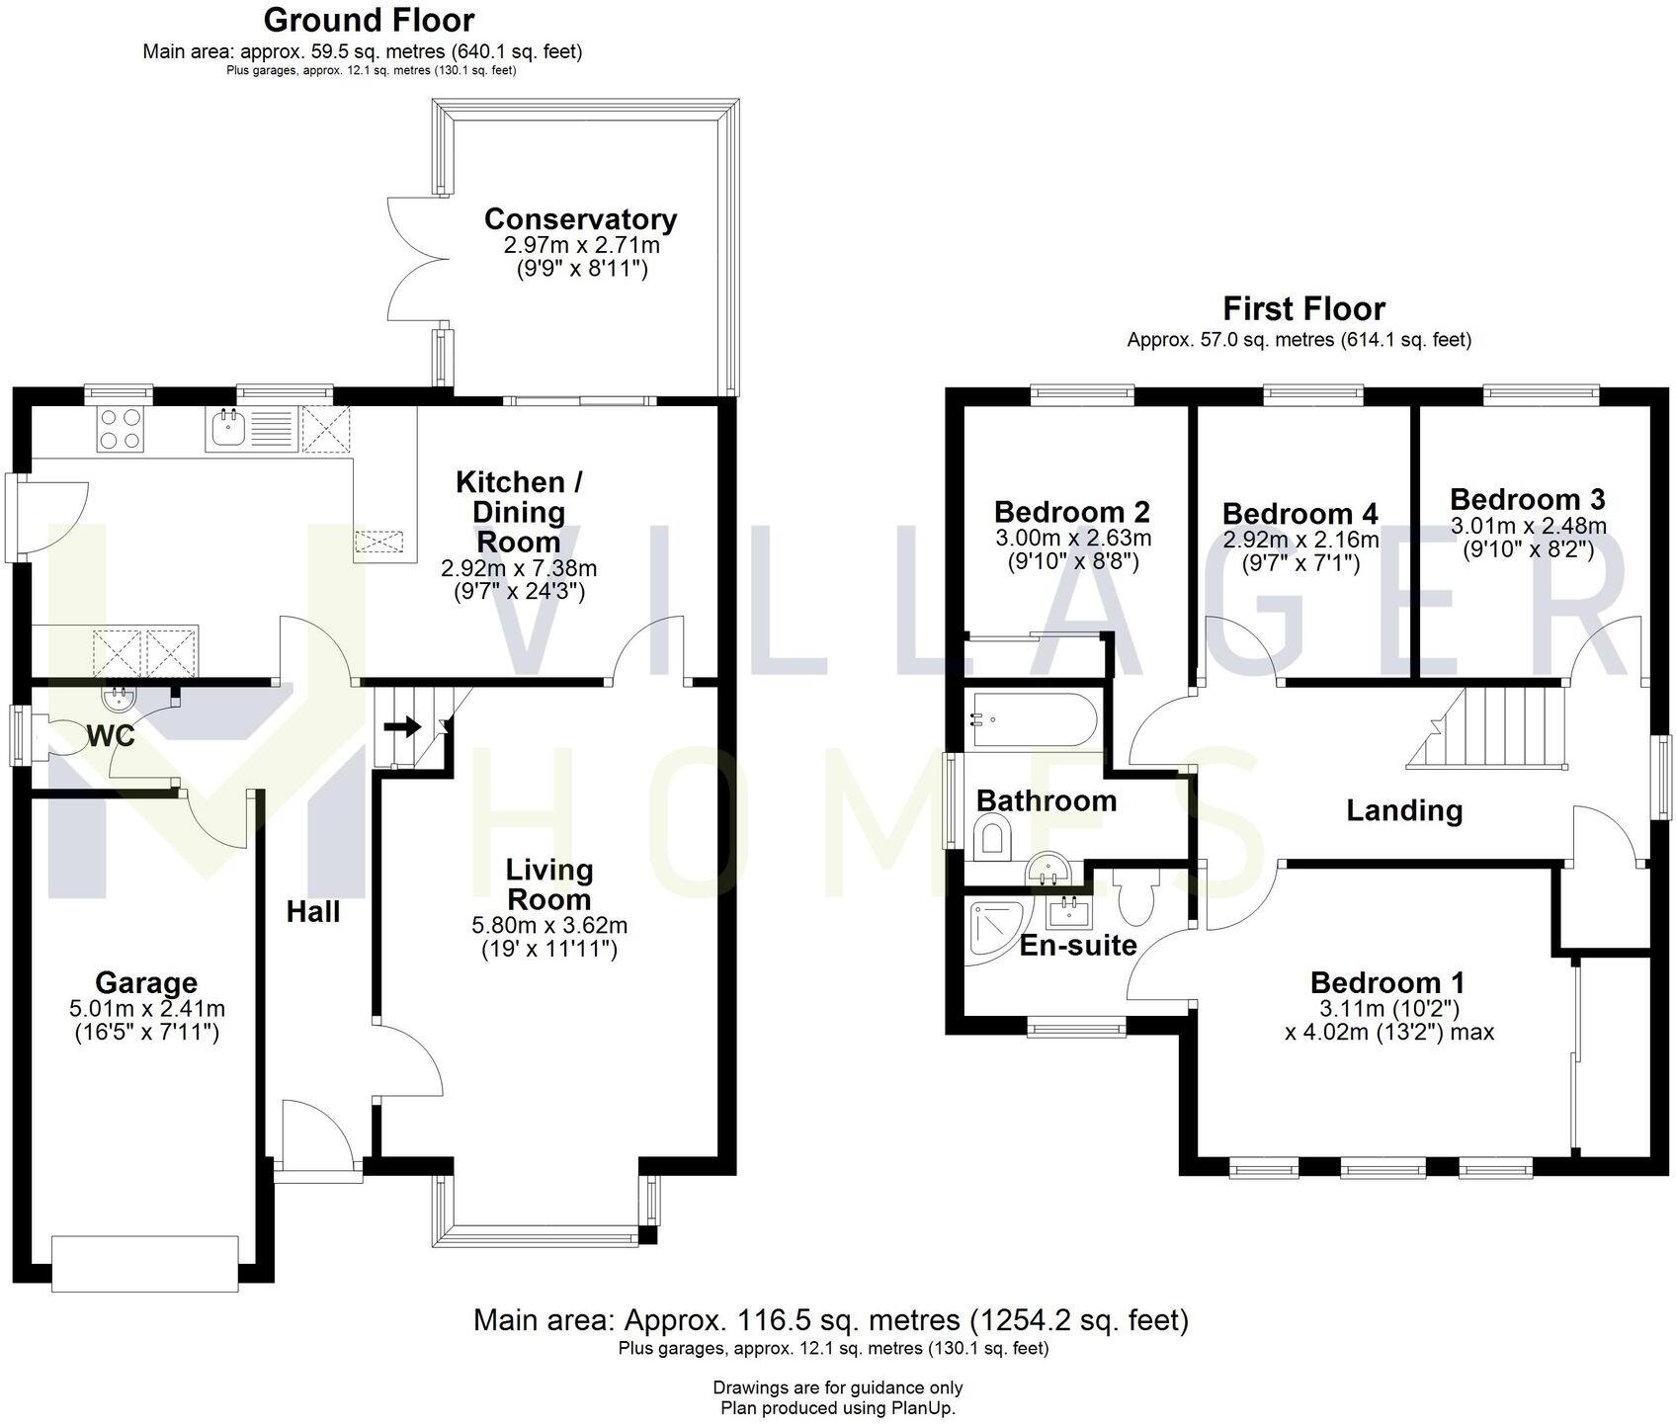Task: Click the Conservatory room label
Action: point(580,219)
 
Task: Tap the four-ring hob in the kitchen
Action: point(121,429)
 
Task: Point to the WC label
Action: point(111,736)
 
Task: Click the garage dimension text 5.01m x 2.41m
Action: point(146,1009)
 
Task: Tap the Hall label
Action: point(313,911)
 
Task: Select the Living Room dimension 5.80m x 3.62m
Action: point(549,926)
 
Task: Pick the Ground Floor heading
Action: point(369,20)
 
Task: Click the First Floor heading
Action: point(1303,308)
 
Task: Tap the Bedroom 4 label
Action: point(1299,514)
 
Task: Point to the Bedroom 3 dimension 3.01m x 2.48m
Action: point(1528,526)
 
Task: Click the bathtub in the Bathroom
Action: point(1032,720)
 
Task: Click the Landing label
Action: point(1403,810)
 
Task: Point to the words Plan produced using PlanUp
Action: point(837,1408)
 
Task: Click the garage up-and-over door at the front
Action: point(145,1262)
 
